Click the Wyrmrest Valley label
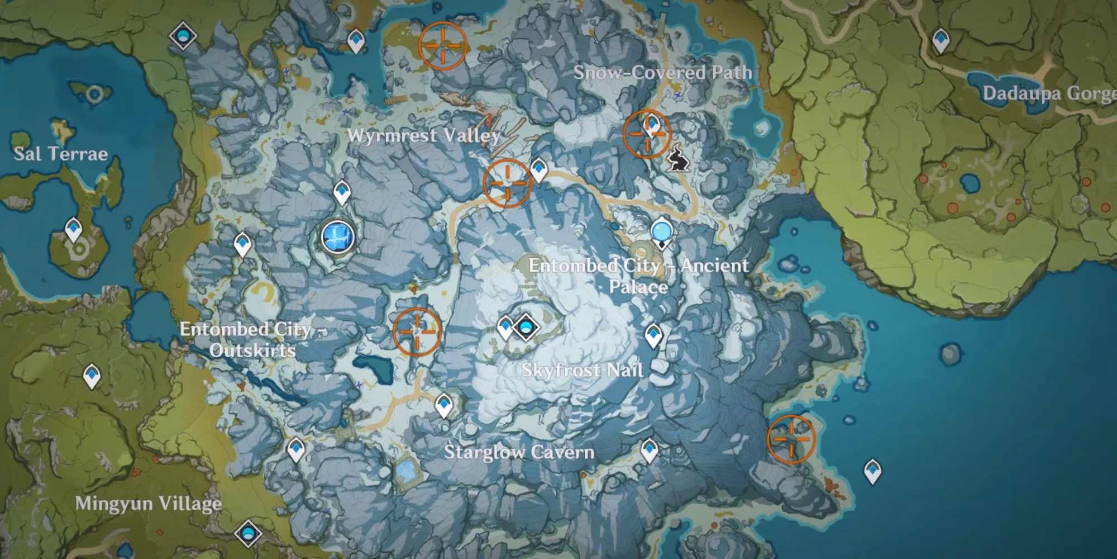(x=424, y=135)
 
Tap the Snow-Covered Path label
(x=662, y=73)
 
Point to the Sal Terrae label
(x=60, y=154)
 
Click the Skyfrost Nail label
(x=582, y=370)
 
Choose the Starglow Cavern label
(x=519, y=452)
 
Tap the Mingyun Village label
(x=148, y=504)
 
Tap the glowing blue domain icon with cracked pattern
(x=338, y=236)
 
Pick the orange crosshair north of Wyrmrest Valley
(x=443, y=45)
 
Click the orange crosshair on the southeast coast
(x=791, y=439)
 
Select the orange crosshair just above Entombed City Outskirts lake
(x=417, y=331)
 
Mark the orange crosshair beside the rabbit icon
(x=647, y=134)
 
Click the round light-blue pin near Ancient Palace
(x=662, y=231)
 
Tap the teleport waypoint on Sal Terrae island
(x=74, y=230)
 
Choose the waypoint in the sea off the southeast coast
(x=872, y=471)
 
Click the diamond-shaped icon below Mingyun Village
(x=249, y=533)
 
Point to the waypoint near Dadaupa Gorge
(x=941, y=41)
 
